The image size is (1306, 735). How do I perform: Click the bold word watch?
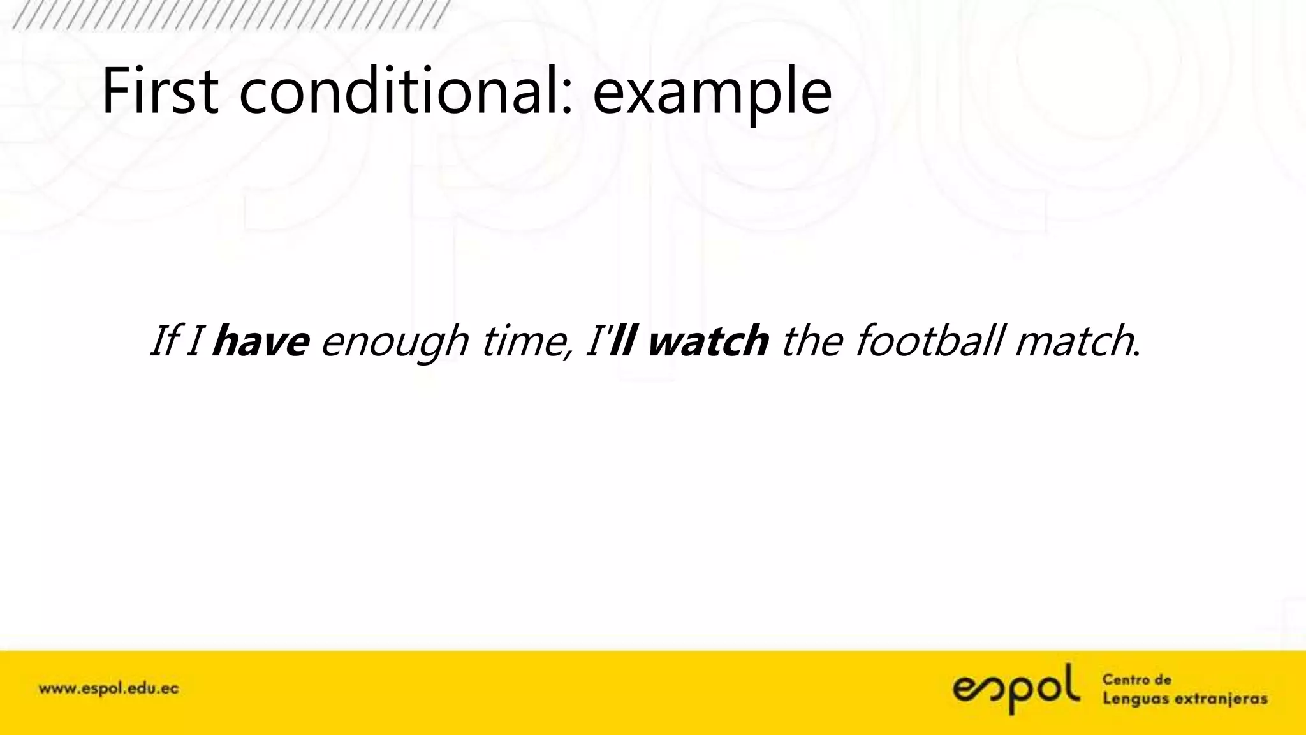click(708, 341)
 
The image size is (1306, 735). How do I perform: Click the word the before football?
click(811, 341)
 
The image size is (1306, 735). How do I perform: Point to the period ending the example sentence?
click(1137, 353)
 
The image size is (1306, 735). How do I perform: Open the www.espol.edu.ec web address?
click(108, 689)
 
